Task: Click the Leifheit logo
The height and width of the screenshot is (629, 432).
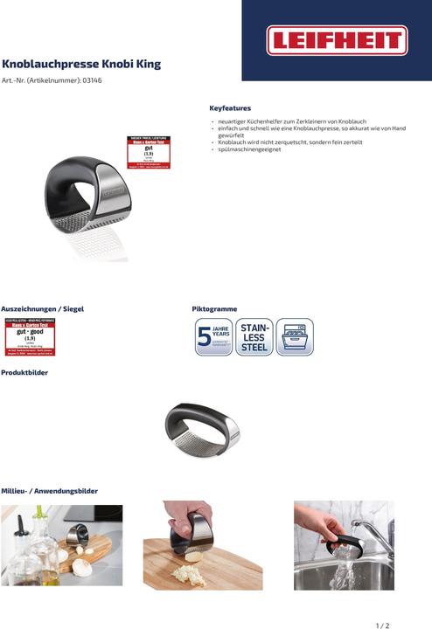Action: click(x=337, y=40)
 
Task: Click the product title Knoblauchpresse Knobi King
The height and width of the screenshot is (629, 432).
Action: click(x=81, y=65)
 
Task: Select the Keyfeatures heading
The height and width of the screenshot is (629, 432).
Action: click(x=230, y=107)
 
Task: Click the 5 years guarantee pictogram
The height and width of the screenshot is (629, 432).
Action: click(x=213, y=337)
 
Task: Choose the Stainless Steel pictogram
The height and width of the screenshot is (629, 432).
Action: click(x=254, y=337)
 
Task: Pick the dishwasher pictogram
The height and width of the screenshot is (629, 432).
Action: click(x=294, y=337)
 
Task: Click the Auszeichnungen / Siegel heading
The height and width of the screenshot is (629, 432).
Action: click(x=42, y=309)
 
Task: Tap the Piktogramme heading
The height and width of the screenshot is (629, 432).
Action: click(x=214, y=309)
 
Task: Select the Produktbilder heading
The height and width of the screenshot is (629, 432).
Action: click(x=24, y=373)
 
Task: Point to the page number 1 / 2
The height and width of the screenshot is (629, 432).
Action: click(x=382, y=626)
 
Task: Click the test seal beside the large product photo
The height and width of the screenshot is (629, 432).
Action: click(x=149, y=152)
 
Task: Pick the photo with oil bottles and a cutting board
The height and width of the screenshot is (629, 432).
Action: click(x=61, y=545)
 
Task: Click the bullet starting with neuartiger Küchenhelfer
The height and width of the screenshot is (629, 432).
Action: click(x=291, y=121)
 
